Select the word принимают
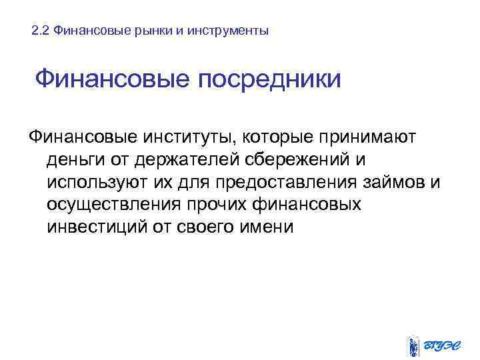tap(368, 138)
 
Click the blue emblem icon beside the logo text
tap(413, 345)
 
